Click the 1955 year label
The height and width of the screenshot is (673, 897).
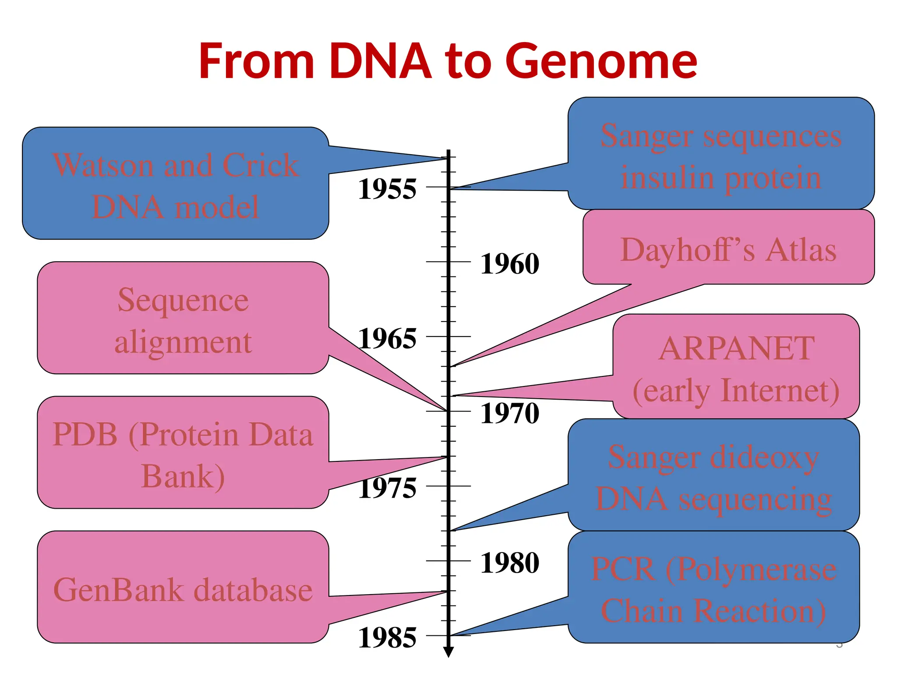tap(387, 190)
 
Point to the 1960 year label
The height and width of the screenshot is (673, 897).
tap(510, 264)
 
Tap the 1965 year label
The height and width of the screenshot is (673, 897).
tap(387, 339)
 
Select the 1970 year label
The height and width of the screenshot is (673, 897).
tap(510, 414)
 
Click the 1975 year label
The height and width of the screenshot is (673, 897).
tap(387, 489)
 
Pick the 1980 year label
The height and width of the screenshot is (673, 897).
tap(510, 563)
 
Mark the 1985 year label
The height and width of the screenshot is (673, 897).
tap(387, 638)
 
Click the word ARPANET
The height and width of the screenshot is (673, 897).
tap(736, 349)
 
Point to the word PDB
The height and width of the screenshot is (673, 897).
tap(85, 435)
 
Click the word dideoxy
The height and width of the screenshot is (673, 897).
tap(764, 458)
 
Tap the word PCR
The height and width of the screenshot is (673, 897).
tap(622, 570)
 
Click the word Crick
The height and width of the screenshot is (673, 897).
tap(260, 166)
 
